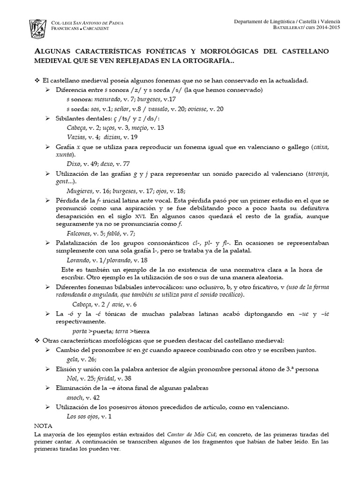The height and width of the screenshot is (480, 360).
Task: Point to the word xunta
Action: (x=64, y=155)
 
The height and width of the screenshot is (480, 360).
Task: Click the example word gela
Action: (x=73, y=360)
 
